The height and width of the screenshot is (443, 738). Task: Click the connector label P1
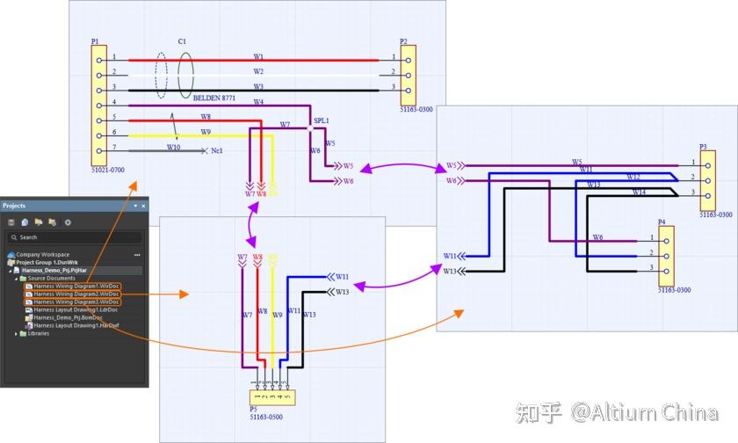(x=95, y=41)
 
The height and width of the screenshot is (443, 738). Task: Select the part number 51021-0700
(x=108, y=168)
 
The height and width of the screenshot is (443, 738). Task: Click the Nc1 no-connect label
(x=217, y=151)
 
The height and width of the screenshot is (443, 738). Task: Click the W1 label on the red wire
(x=258, y=56)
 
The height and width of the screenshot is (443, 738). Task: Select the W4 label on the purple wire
(x=258, y=102)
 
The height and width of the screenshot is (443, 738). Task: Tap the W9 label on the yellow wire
(x=206, y=132)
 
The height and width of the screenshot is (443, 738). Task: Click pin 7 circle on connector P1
(x=98, y=149)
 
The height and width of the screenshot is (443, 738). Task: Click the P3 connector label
(x=703, y=147)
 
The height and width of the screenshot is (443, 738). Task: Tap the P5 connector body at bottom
(x=272, y=397)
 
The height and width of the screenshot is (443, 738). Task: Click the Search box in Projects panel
(x=75, y=237)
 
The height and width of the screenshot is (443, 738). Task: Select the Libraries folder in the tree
(x=39, y=333)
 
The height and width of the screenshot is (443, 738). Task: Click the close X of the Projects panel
(x=144, y=206)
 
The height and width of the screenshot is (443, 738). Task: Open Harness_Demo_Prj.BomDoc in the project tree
(x=68, y=317)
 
